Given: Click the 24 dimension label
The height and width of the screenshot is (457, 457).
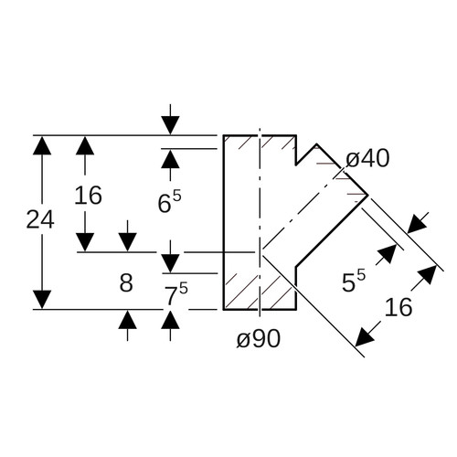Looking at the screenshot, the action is (x=40, y=219).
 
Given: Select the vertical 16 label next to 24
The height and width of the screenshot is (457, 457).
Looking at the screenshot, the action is (x=88, y=196).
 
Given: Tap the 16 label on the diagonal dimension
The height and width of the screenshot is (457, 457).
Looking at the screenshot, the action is (x=399, y=307).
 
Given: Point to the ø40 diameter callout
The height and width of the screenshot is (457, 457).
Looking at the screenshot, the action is (x=367, y=158).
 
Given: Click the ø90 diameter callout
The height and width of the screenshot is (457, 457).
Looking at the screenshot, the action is (x=259, y=338).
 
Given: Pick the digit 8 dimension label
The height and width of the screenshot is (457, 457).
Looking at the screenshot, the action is (x=126, y=282).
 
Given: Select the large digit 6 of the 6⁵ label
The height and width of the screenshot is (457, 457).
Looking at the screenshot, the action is (x=165, y=203).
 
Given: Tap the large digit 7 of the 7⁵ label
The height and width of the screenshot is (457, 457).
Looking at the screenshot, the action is (x=172, y=296).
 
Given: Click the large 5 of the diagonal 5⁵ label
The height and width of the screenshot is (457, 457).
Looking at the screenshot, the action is (x=348, y=282).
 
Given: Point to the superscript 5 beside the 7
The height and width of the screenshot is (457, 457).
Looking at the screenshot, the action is (x=184, y=288).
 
